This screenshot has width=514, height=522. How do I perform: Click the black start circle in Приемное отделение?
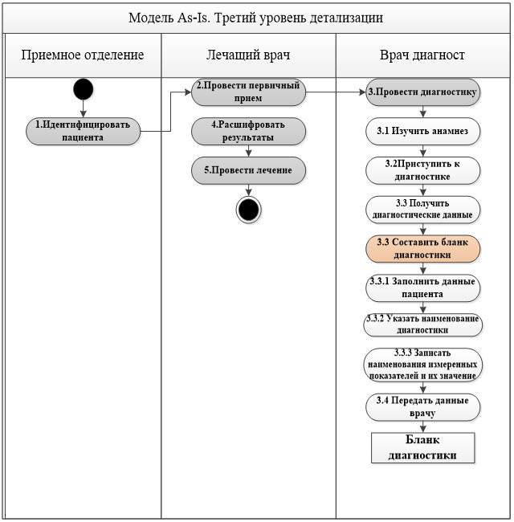tap(83, 89)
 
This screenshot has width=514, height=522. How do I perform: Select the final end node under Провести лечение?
tap(248, 210)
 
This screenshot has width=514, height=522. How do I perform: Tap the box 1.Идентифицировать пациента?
tap(83, 131)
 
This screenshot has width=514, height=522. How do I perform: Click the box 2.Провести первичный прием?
tap(248, 92)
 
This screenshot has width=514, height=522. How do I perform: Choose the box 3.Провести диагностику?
tap(422, 92)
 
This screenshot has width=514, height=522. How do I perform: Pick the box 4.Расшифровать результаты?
tap(248, 131)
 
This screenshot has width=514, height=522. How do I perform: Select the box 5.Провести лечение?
tap(248, 170)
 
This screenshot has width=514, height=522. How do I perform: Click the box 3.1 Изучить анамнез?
tap(422, 131)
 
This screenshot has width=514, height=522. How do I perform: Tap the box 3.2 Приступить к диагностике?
tap(422, 170)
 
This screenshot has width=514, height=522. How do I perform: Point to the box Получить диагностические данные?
tap(422, 210)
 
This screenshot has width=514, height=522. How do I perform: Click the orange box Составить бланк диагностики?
tap(422, 249)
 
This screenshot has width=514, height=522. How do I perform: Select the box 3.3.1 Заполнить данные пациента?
tap(422, 288)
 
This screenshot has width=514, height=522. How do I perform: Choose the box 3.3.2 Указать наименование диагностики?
tap(422, 324)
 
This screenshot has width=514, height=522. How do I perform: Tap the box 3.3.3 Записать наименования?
tap(422, 365)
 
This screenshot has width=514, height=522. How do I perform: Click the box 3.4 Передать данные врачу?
tap(422, 407)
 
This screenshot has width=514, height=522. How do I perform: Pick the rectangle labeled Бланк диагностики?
tap(422, 448)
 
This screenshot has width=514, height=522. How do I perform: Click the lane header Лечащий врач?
tap(248, 55)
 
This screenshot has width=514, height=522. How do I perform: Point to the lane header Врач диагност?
tap(422, 55)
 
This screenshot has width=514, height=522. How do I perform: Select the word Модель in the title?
tap(151, 18)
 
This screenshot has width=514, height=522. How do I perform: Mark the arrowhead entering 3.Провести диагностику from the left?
tap(362, 92)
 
